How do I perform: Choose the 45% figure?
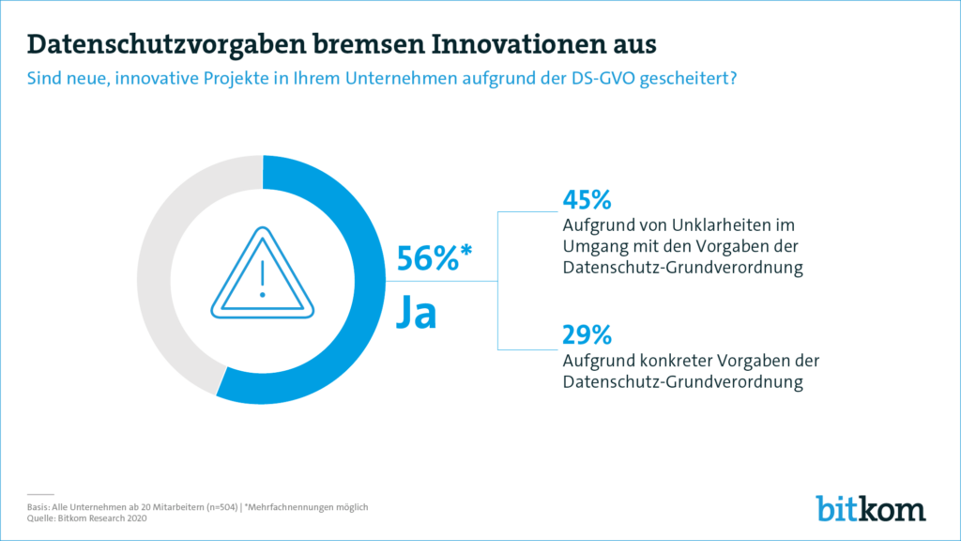pyautogui.click(x=587, y=200)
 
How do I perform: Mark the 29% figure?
pyautogui.click(x=587, y=335)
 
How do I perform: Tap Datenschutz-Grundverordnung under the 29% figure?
pyautogui.click(x=670, y=382)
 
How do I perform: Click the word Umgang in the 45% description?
pyautogui.click(x=591, y=247)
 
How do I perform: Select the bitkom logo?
pyautogui.click(x=870, y=507)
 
